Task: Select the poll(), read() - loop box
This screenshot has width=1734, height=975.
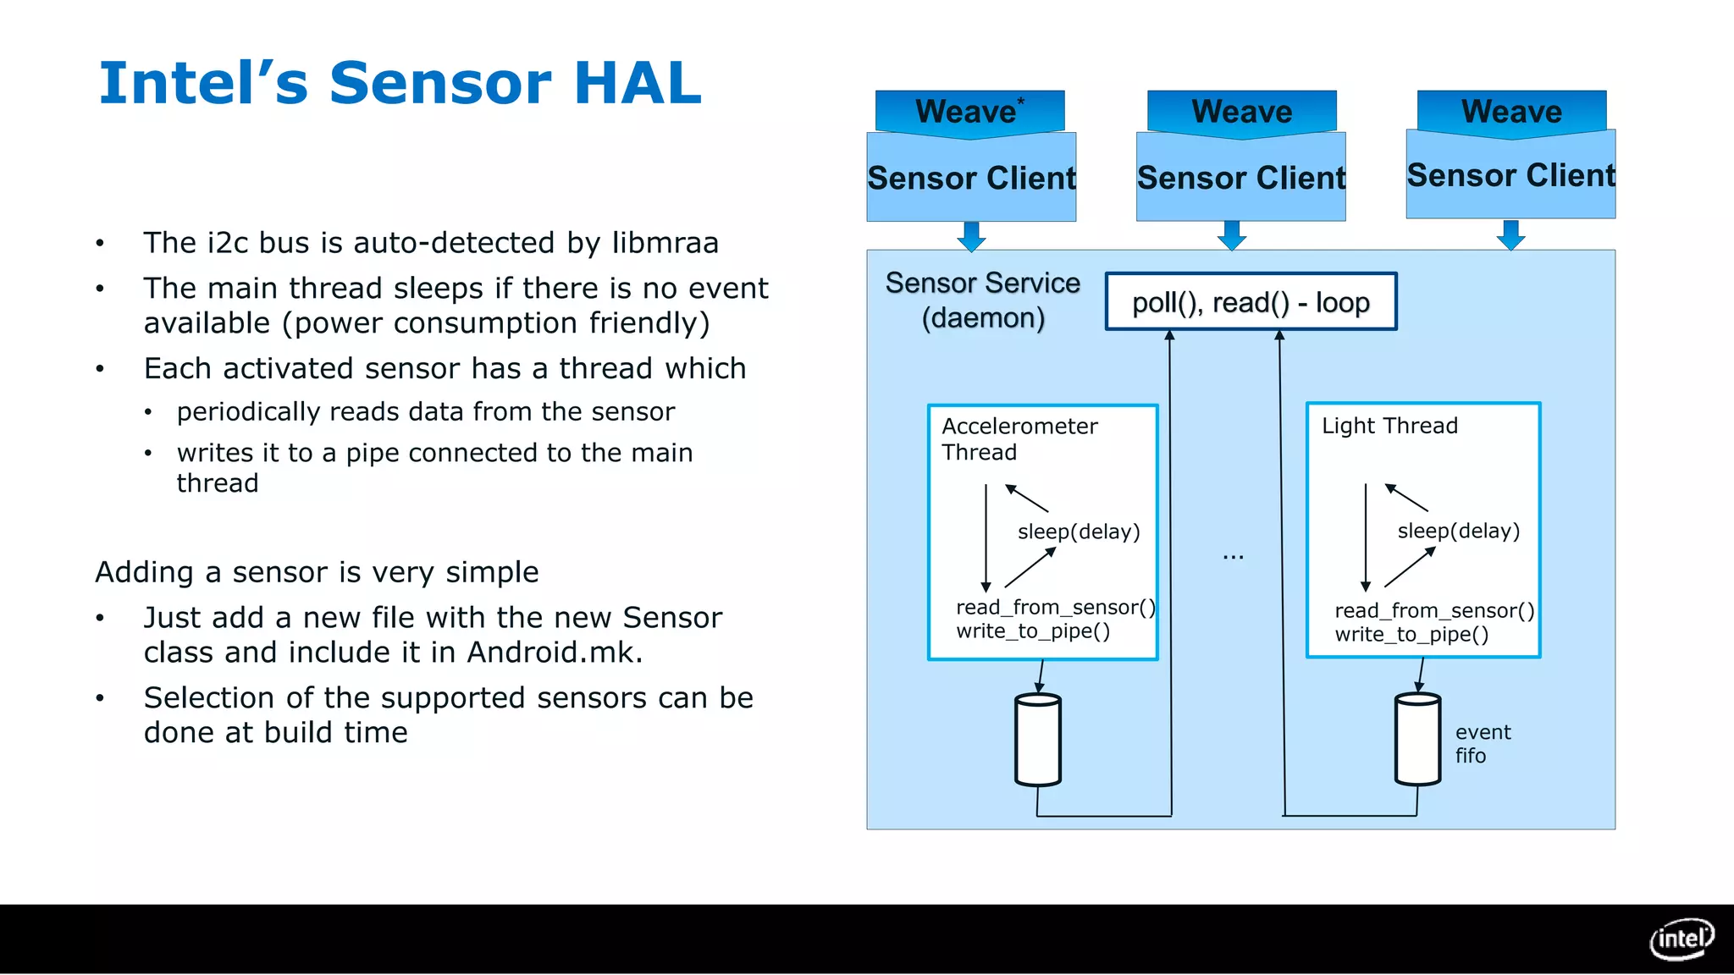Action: [1251, 302]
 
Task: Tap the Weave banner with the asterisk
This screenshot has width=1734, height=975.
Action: [969, 112]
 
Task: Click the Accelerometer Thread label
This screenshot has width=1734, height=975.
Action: [1019, 439]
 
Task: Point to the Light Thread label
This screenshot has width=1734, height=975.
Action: [1389, 426]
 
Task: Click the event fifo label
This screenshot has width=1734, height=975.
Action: [1482, 744]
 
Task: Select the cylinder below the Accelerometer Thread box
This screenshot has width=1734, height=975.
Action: [1037, 740]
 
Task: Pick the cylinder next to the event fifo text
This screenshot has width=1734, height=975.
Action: [1416, 740]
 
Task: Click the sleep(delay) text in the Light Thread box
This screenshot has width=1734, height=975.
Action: [1458, 532]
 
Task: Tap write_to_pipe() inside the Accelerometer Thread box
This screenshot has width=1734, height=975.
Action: [1032, 631]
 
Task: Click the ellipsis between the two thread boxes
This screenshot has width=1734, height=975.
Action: [1233, 556]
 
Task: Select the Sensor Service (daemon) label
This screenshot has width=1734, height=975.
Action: [982, 300]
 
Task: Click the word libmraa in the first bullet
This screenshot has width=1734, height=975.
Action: [665, 243]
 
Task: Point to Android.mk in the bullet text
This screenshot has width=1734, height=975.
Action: [555, 653]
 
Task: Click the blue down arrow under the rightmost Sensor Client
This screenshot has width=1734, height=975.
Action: [1510, 235]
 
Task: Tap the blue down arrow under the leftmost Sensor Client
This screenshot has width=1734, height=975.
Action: [971, 236]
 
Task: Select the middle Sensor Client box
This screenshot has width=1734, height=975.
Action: [1240, 179]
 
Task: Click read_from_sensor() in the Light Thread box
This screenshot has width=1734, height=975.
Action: [1433, 611]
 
